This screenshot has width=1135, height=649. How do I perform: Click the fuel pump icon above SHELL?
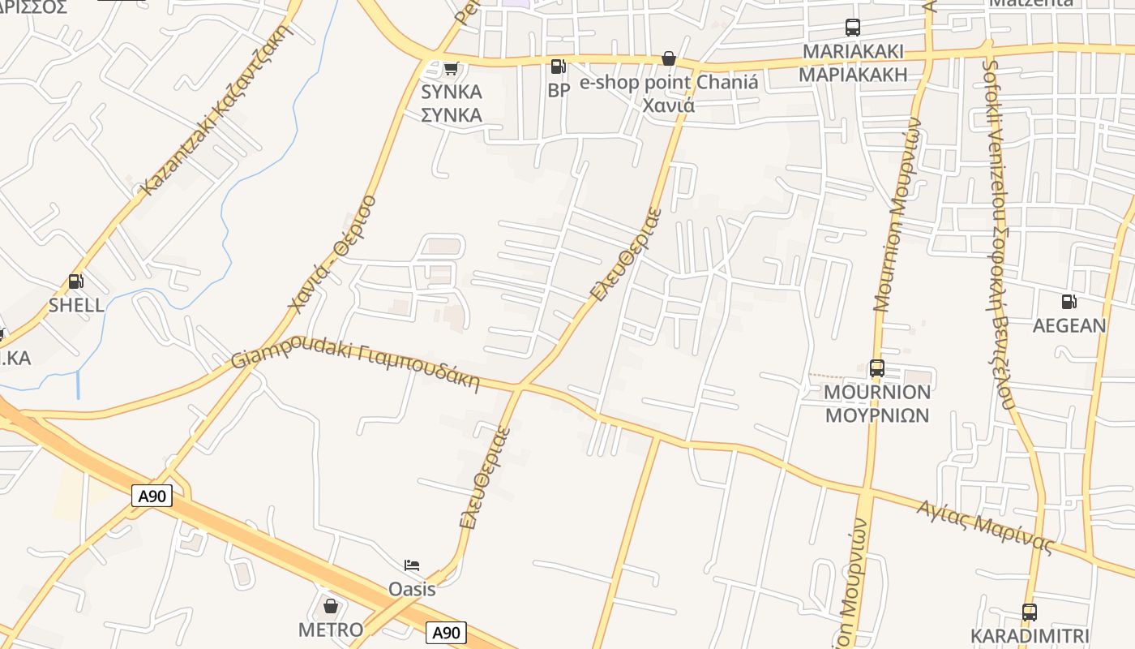pyautogui.click(x=75, y=282)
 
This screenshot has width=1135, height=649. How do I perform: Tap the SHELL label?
pyautogui.click(x=76, y=305)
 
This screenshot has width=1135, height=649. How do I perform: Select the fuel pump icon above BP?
pyautogui.click(x=558, y=67)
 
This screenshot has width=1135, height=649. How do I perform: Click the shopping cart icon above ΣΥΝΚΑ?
pyautogui.click(x=452, y=68)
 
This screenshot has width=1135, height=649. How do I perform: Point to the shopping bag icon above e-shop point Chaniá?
pyautogui.click(x=669, y=58)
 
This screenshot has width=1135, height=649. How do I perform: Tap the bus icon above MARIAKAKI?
pyautogui.click(x=853, y=28)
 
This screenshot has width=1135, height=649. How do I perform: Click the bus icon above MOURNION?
pyautogui.click(x=876, y=368)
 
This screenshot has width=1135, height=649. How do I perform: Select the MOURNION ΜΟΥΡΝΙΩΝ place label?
pyautogui.click(x=877, y=404)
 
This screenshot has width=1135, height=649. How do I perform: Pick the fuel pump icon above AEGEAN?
pyautogui.click(x=1069, y=302)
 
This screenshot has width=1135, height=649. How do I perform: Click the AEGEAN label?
pyautogui.click(x=1069, y=325)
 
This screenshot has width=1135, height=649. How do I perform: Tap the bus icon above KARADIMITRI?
pyautogui.click(x=1029, y=612)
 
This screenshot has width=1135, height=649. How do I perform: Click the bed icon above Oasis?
pyautogui.click(x=412, y=565)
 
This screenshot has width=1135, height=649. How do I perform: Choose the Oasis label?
pyautogui.click(x=412, y=589)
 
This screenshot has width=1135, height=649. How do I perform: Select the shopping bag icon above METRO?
pyautogui.click(x=331, y=606)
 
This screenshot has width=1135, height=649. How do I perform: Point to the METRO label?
pyautogui.click(x=331, y=630)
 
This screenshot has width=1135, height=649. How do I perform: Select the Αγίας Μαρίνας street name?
pyautogui.click(x=985, y=527)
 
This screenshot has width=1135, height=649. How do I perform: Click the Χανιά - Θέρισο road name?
pyautogui.click(x=332, y=253)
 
